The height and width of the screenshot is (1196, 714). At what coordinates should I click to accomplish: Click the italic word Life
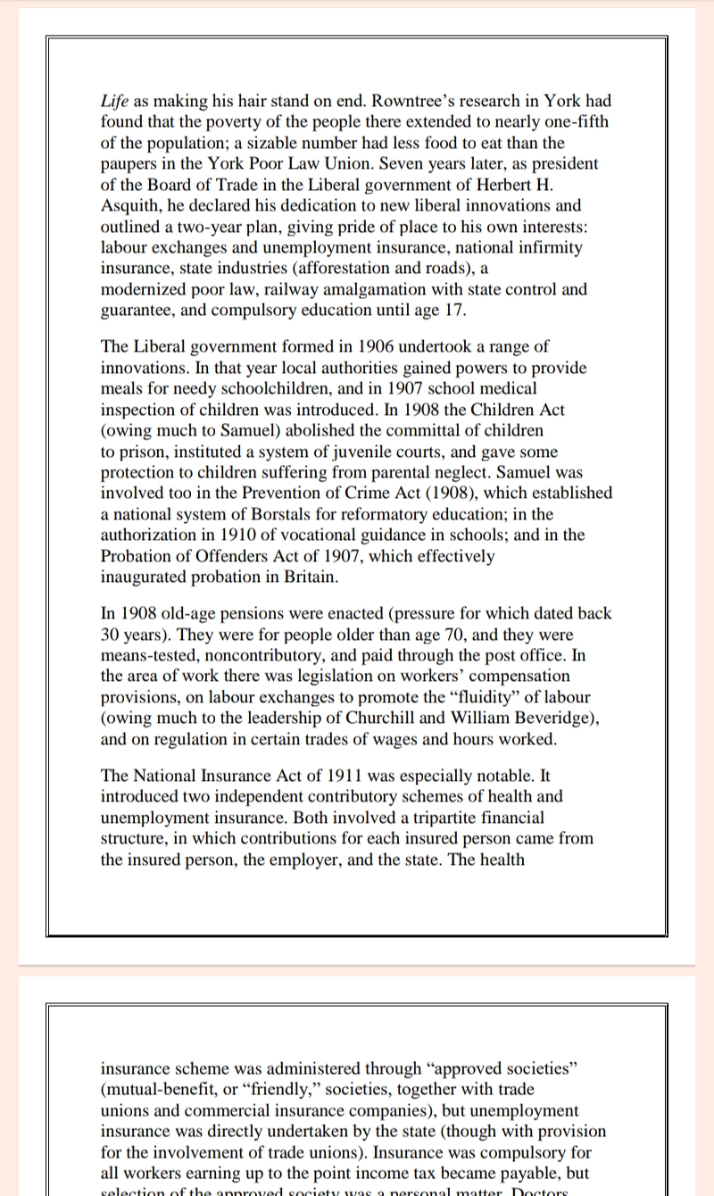(x=115, y=101)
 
